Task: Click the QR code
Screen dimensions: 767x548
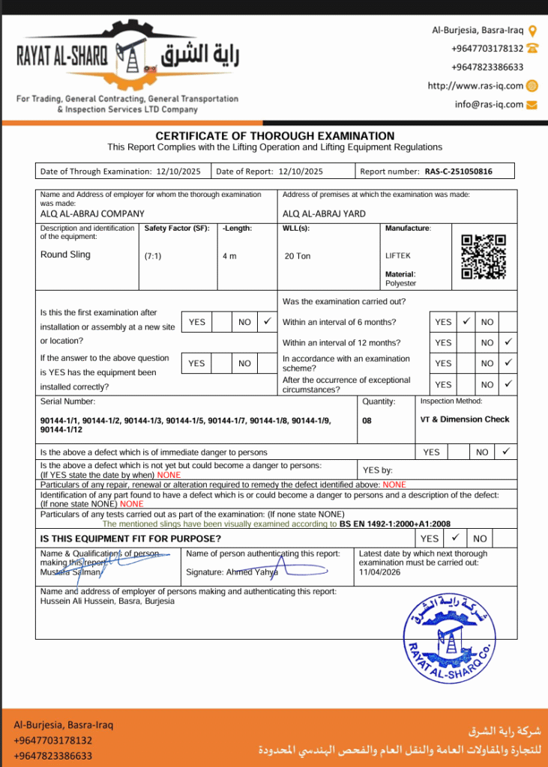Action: pos(483,256)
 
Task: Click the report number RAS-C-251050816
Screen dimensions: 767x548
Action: pos(458,172)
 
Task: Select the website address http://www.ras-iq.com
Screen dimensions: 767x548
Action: pos(475,85)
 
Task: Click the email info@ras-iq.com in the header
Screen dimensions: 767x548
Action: pos(489,104)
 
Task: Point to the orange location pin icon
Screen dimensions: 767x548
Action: pos(533,31)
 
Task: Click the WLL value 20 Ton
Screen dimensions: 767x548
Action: pos(298,256)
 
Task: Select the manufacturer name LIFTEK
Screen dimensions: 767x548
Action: pos(397,256)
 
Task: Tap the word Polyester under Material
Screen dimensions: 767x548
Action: pos(401,284)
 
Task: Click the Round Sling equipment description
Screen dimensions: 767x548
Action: pos(65,255)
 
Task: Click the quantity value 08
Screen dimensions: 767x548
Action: pos(367,421)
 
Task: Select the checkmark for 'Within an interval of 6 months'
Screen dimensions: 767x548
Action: pos(465,321)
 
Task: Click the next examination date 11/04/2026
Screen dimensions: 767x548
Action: pos(381,572)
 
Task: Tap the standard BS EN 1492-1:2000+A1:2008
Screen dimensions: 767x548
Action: pos(394,524)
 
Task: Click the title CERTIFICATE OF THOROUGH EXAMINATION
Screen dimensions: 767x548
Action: pos(274,136)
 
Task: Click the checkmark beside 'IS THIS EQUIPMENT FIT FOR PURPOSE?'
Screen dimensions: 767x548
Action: pos(454,538)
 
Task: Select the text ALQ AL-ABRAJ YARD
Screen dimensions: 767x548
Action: pos(324,213)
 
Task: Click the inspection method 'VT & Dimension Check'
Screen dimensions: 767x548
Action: pos(465,419)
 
